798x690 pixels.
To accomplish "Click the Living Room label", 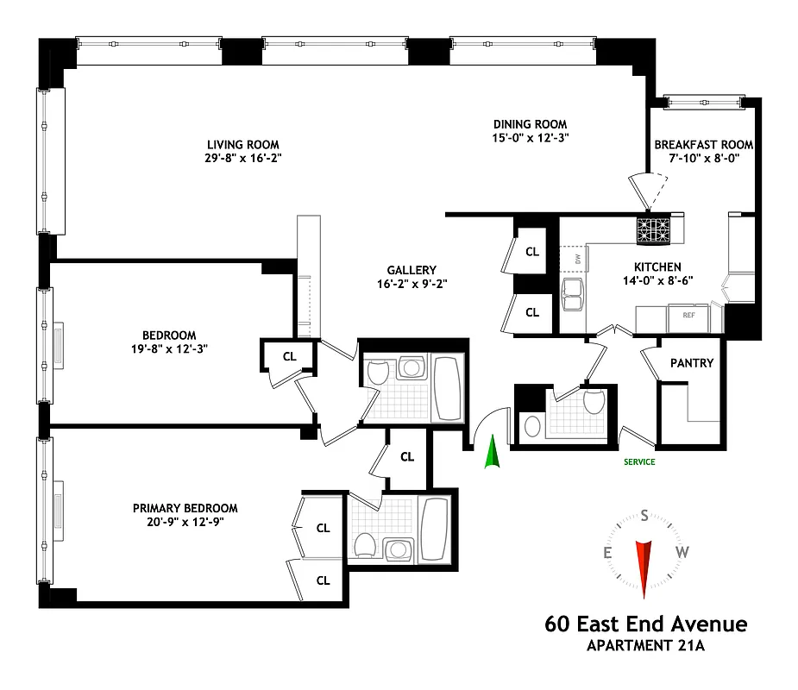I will [242, 144].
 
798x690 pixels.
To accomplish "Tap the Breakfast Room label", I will [703, 144].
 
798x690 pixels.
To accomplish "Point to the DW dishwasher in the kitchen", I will [574, 258].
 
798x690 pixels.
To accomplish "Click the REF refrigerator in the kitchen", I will [688, 316].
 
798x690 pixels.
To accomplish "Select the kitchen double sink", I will [574, 294].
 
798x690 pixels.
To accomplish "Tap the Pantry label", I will [692, 363].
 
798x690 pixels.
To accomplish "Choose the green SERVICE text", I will [639, 462].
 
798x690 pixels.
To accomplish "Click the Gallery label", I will [412, 270].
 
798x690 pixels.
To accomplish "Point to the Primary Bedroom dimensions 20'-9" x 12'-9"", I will [185, 521].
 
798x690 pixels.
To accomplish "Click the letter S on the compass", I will [644, 515].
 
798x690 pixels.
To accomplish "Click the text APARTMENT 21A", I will [645, 644].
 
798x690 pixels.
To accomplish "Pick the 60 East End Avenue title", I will [645, 624].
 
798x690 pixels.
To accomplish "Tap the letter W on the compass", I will [682, 553].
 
